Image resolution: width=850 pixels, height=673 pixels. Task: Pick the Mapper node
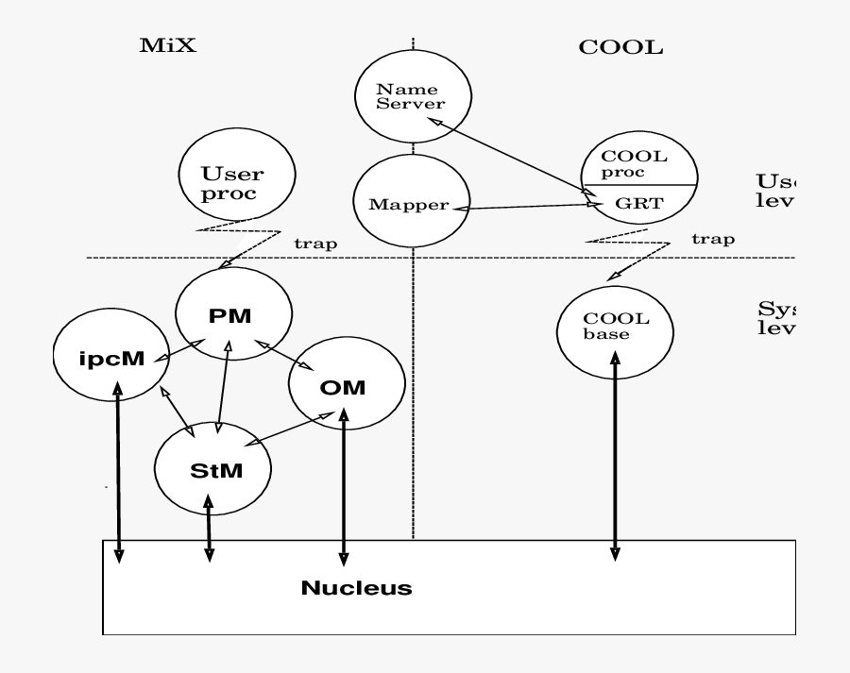pyautogui.click(x=412, y=204)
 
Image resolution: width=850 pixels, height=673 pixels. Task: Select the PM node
pyautogui.click(x=230, y=316)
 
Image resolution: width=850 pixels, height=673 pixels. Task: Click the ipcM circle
pyautogui.click(x=111, y=360)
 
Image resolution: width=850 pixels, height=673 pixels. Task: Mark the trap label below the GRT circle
pyautogui.click(x=714, y=239)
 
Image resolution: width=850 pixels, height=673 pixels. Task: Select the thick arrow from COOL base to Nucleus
pyautogui.click(x=615, y=453)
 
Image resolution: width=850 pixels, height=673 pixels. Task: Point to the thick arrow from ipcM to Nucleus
pyautogui.click(x=118, y=472)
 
